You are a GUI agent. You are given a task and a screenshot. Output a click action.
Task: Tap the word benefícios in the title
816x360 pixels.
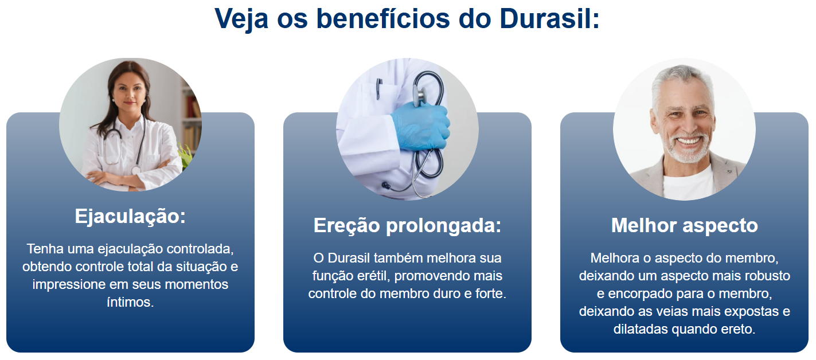pyautogui.click(x=383, y=18)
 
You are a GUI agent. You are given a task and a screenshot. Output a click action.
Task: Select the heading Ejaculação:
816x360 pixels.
pyautogui.click(x=130, y=217)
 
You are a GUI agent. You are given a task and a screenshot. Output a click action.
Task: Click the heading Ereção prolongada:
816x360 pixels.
pyautogui.click(x=407, y=225)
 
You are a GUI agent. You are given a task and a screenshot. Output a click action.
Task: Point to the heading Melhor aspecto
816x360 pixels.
pyautogui.click(x=685, y=225)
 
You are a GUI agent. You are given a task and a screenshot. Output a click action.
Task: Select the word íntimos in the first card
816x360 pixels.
pyautogui.click(x=130, y=302)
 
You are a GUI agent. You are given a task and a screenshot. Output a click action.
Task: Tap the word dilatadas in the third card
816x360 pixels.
pyautogui.click(x=641, y=330)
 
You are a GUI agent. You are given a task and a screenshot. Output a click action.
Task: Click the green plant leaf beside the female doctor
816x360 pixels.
pyautogui.click(x=185, y=155)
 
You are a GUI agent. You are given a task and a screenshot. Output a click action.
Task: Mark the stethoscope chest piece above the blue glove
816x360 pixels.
pyautogui.click(x=421, y=94)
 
